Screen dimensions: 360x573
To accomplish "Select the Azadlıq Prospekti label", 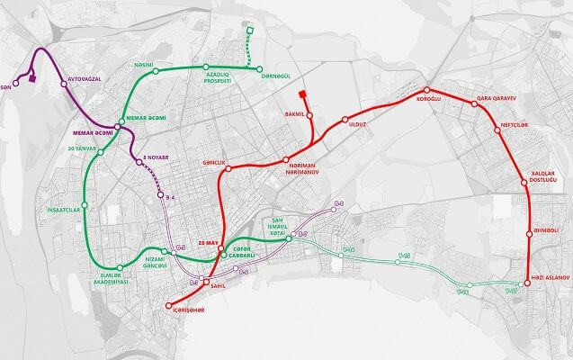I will point(213,77).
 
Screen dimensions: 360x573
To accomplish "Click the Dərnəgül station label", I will point(275,79).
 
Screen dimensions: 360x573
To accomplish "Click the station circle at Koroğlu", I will point(426,90).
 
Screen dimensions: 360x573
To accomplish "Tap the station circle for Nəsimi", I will point(156,69).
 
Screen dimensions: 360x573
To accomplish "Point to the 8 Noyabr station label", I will point(155,161).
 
